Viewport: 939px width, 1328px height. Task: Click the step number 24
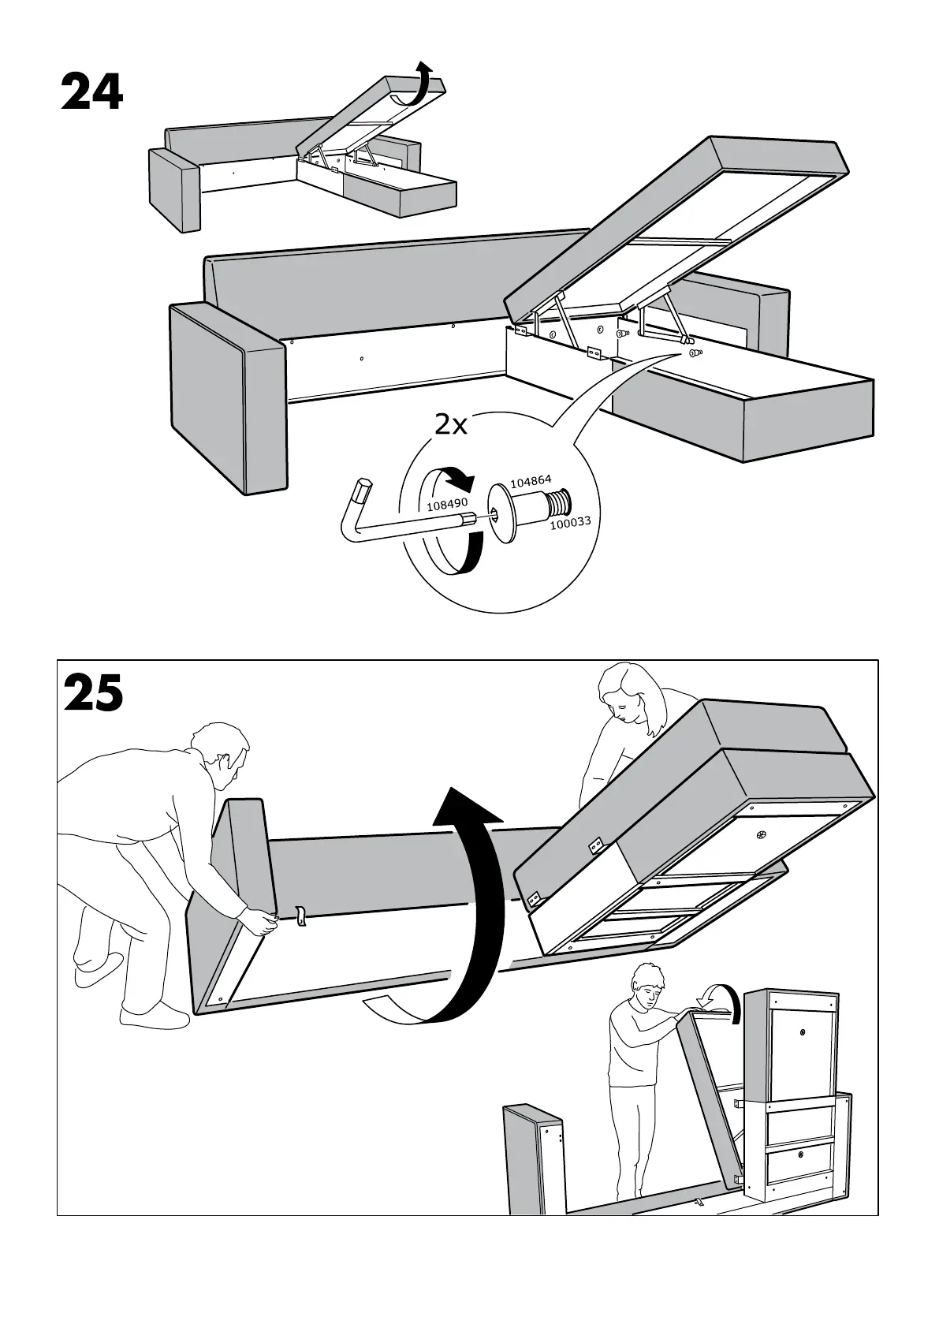tap(91, 94)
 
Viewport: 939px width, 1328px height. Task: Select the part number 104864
tap(531, 482)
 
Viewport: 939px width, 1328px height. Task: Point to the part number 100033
tap(570, 521)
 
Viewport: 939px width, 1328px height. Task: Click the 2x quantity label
tap(451, 426)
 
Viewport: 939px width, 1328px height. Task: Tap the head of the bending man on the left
tap(225, 753)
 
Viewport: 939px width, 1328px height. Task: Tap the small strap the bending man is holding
tap(300, 917)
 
